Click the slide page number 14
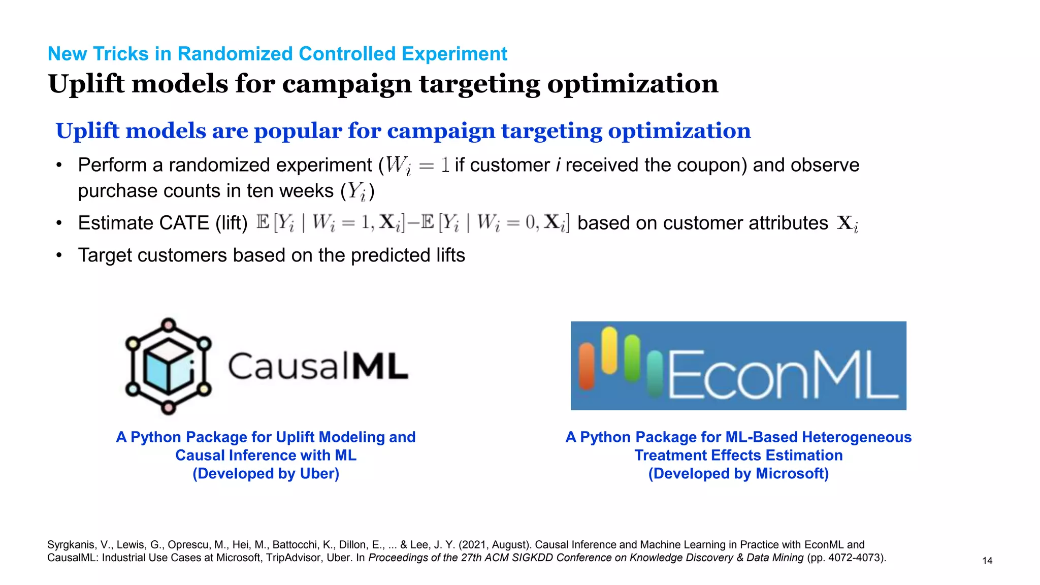click(x=987, y=561)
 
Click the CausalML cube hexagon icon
click(x=168, y=366)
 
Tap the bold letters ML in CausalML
click(x=380, y=366)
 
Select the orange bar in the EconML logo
click(x=587, y=366)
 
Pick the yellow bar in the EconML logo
click(x=609, y=350)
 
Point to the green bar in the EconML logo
click(x=632, y=358)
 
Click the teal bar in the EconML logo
click(x=655, y=373)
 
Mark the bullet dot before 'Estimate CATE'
click(x=59, y=223)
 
